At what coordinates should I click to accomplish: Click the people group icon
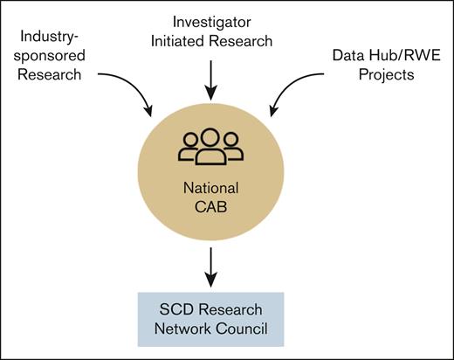click(210, 148)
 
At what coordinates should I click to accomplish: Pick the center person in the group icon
click(210, 147)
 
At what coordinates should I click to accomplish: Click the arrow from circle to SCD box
click(210, 267)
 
